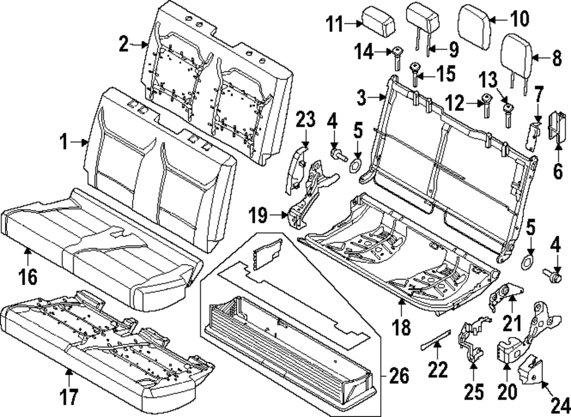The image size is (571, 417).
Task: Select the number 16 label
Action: (27, 277)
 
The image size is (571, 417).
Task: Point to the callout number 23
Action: (305, 121)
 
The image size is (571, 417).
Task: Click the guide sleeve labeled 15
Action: (416, 73)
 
